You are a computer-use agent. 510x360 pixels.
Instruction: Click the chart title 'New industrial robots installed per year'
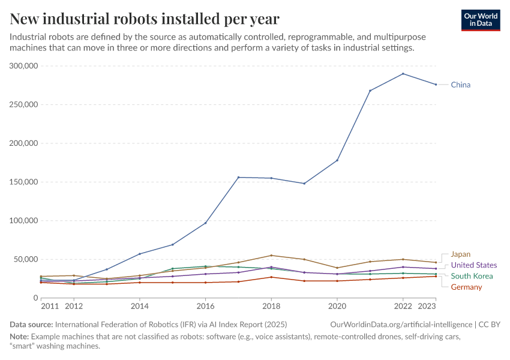(x=144, y=19)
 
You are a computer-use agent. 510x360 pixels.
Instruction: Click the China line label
(x=460, y=85)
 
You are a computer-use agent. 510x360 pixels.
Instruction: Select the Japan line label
(x=460, y=254)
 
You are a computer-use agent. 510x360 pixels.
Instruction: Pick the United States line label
(x=473, y=265)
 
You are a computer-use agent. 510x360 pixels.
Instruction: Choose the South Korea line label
(x=472, y=276)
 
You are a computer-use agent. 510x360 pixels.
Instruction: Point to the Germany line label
(x=466, y=287)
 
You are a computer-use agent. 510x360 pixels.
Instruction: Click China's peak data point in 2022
(x=403, y=74)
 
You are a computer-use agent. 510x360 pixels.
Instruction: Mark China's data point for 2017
(x=238, y=177)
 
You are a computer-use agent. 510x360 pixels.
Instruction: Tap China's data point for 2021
(x=370, y=91)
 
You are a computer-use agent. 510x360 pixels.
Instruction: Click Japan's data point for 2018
(x=271, y=256)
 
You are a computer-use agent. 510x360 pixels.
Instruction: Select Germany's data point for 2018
(x=271, y=277)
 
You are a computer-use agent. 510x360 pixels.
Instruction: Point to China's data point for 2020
(x=337, y=160)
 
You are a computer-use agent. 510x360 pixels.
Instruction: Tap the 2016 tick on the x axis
(x=205, y=305)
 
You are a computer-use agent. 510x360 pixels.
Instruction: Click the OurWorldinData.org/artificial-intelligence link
(x=401, y=325)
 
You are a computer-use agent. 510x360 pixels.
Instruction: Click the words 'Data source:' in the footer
(x=31, y=325)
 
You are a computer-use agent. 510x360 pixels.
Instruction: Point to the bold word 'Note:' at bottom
(x=19, y=337)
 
